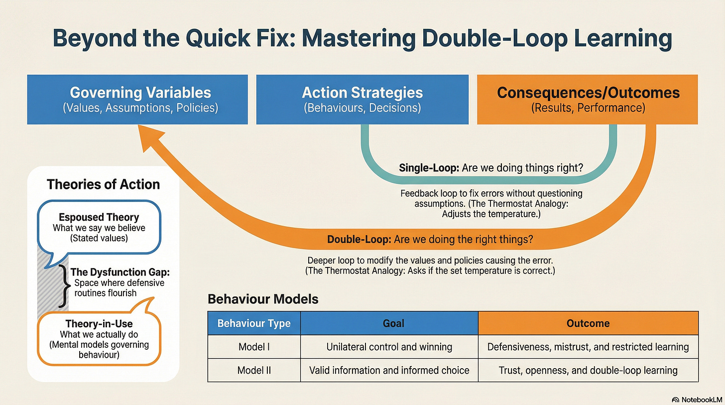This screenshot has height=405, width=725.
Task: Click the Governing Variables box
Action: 137,99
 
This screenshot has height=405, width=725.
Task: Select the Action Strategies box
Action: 362,99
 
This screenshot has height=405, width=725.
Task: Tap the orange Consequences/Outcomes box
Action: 588,99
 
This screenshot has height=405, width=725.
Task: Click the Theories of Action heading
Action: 103,184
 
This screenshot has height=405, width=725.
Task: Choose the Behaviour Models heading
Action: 263,299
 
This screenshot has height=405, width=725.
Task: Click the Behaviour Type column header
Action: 254,323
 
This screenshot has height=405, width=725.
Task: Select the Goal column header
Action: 389,323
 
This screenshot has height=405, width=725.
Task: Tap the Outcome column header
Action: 588,323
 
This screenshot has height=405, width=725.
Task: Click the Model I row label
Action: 254,347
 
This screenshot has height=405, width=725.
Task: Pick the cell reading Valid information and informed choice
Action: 389,370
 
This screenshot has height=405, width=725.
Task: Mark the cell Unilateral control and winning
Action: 389,347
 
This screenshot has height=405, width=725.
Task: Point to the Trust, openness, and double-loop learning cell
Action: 588,370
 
